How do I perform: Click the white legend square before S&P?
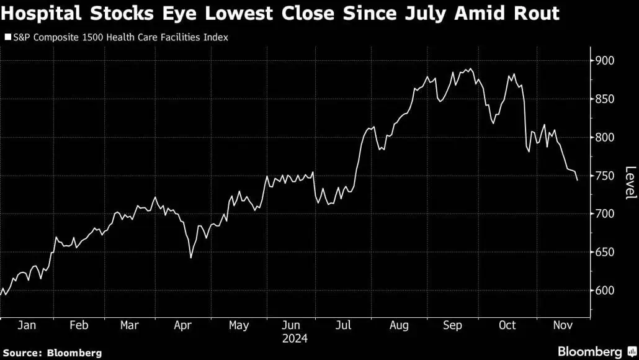[x=7, y=38]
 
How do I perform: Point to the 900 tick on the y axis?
[x=605, y=61]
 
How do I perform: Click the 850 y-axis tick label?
[x=605, y=99]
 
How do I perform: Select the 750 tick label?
[x=605, y=176]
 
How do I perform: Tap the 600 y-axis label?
[x=605, y=290]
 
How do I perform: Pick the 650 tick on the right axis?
[x=605, y=252]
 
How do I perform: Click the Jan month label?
[x=26, y=325]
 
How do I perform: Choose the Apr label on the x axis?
[x=182, y=325]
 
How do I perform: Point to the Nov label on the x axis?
[x=563, y=325]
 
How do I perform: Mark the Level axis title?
[x=630, y=183]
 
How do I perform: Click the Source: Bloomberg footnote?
[x=52, y=353]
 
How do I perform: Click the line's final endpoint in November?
[x=578, y=181]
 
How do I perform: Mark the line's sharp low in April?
[x=190, y=258]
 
